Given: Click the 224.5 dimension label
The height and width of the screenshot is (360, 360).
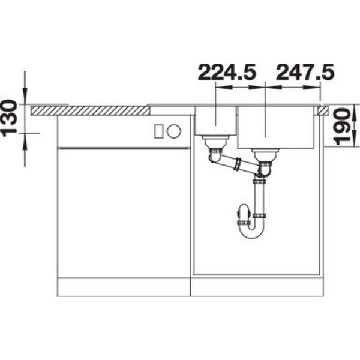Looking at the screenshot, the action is pos(227,72).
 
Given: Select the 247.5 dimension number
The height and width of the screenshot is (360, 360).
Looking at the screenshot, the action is pos(305,72).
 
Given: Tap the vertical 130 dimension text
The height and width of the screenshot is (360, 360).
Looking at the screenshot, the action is pos(9,118).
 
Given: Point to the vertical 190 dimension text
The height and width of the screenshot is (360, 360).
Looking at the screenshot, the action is pos(342,127).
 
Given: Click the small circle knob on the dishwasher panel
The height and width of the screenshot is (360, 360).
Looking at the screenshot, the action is pos(174,131).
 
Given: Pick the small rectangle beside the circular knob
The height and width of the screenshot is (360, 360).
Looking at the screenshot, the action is pos(159,131).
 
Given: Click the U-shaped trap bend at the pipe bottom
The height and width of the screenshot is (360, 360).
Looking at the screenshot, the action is pos(251,232).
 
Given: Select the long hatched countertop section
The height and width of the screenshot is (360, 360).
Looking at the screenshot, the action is pos(90,111).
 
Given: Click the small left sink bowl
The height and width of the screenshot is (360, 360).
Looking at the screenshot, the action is pos(215,121).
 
